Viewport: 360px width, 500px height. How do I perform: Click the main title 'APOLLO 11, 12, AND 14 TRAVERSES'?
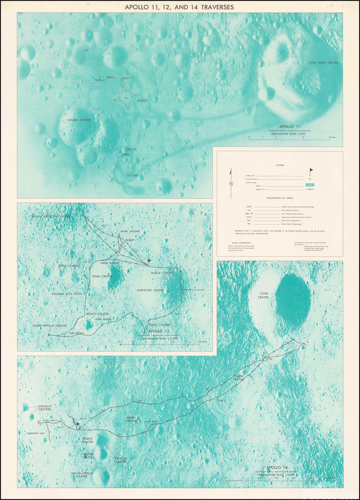pos(180,7)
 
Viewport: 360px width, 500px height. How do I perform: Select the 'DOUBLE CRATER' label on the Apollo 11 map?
pos(79,119)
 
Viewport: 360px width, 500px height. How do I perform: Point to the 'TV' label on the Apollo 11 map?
pos(87,51)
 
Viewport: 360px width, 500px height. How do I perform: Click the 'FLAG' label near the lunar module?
pos(98,81)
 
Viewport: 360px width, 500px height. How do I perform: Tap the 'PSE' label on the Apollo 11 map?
pos(136,176)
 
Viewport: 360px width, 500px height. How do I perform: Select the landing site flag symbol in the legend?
pos(311,170)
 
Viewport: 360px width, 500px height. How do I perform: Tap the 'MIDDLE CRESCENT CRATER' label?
pos(52,216)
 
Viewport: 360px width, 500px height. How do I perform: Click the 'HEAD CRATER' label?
pos(102,276)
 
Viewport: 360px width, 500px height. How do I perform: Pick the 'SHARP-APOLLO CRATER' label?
pos(50,325)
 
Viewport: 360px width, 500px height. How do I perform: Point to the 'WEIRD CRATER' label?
pos(131,419)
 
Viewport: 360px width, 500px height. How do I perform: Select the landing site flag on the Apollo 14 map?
pos(77,423)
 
